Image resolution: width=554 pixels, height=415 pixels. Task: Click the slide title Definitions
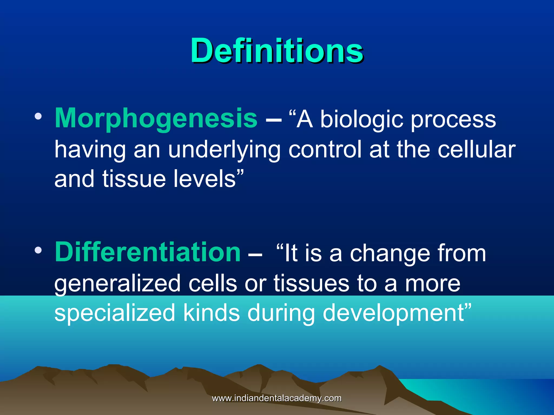[277, 51]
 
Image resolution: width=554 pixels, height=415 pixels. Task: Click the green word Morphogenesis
[156, 118]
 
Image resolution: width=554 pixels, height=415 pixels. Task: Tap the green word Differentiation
[148, 252]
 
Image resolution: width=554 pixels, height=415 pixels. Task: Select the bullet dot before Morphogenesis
[38, 116]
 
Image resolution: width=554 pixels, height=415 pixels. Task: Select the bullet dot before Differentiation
[38, 250]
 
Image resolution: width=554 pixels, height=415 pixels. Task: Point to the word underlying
[224, 150]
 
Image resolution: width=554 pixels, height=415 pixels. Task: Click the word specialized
[115, 313]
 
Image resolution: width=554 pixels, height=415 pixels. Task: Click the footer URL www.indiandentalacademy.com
[277, 398]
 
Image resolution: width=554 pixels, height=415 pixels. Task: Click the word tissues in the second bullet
[311, 283]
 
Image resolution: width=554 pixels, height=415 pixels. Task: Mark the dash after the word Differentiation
[255, 255]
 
